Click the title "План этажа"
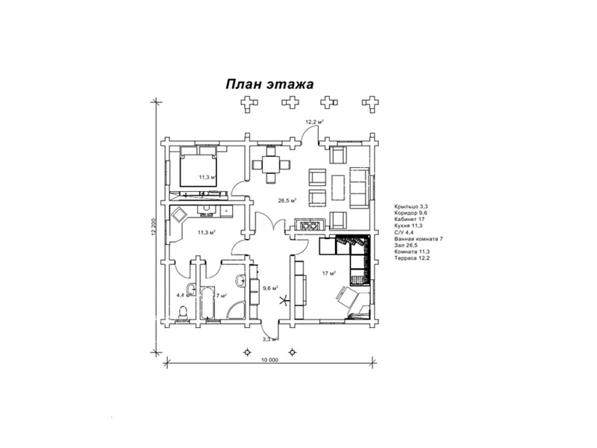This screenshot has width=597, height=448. tap(270, 84)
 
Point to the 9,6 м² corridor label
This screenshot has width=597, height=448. tap(270, 287)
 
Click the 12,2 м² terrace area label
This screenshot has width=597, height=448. tap(313, 120)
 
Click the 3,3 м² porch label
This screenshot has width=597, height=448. tap(269, 339)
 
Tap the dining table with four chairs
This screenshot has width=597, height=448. tap(270, 164)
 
